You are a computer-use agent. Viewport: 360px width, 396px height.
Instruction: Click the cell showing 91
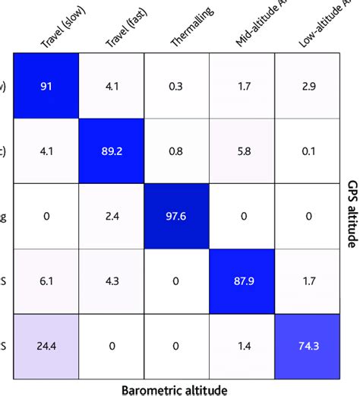(47, 87)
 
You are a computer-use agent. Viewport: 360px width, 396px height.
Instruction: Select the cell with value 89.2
(112, 152)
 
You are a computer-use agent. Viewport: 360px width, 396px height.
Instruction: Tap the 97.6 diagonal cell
(176, 216)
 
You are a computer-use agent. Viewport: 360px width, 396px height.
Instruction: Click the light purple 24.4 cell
(47, 345)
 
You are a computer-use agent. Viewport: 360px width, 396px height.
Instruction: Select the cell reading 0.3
(176, 87)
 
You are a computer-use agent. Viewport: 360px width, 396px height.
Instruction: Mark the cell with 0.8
(176, 152)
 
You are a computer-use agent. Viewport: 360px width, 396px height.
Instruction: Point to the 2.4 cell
(112, 216)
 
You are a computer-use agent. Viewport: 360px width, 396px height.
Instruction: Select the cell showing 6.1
(47, 280)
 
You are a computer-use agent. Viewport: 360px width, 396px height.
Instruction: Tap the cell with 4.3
(112, 280)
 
